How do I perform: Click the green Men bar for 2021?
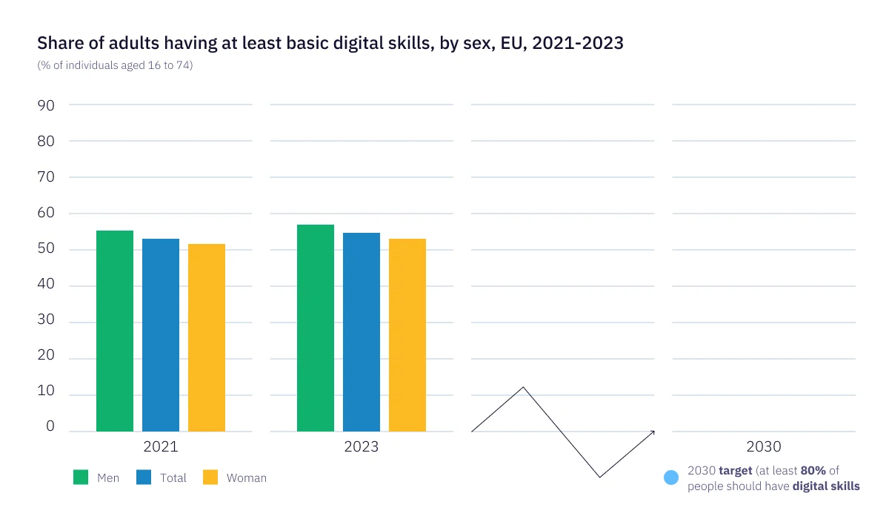(115, 331)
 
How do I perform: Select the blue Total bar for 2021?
(161, 335)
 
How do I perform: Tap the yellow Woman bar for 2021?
(207, 338)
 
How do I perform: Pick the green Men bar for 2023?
(316, 328)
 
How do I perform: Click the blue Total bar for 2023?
(362, 332)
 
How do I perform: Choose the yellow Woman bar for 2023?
(407, 335)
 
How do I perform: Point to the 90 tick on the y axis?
(46, 105)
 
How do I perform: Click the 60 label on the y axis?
(46, 214)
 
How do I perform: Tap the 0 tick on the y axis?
(50, 426)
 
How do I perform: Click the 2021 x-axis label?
(160, 447)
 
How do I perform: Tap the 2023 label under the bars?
(362, 447)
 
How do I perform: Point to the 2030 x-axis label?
(763, 447)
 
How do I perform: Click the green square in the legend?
(81, 477)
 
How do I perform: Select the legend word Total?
(173, 478)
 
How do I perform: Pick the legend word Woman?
(246, 478)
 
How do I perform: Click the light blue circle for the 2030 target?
(671, 478)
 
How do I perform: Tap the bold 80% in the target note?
(813, 471)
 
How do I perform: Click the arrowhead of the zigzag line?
(653, 432)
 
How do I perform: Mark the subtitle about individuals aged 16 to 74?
(115, 65)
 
